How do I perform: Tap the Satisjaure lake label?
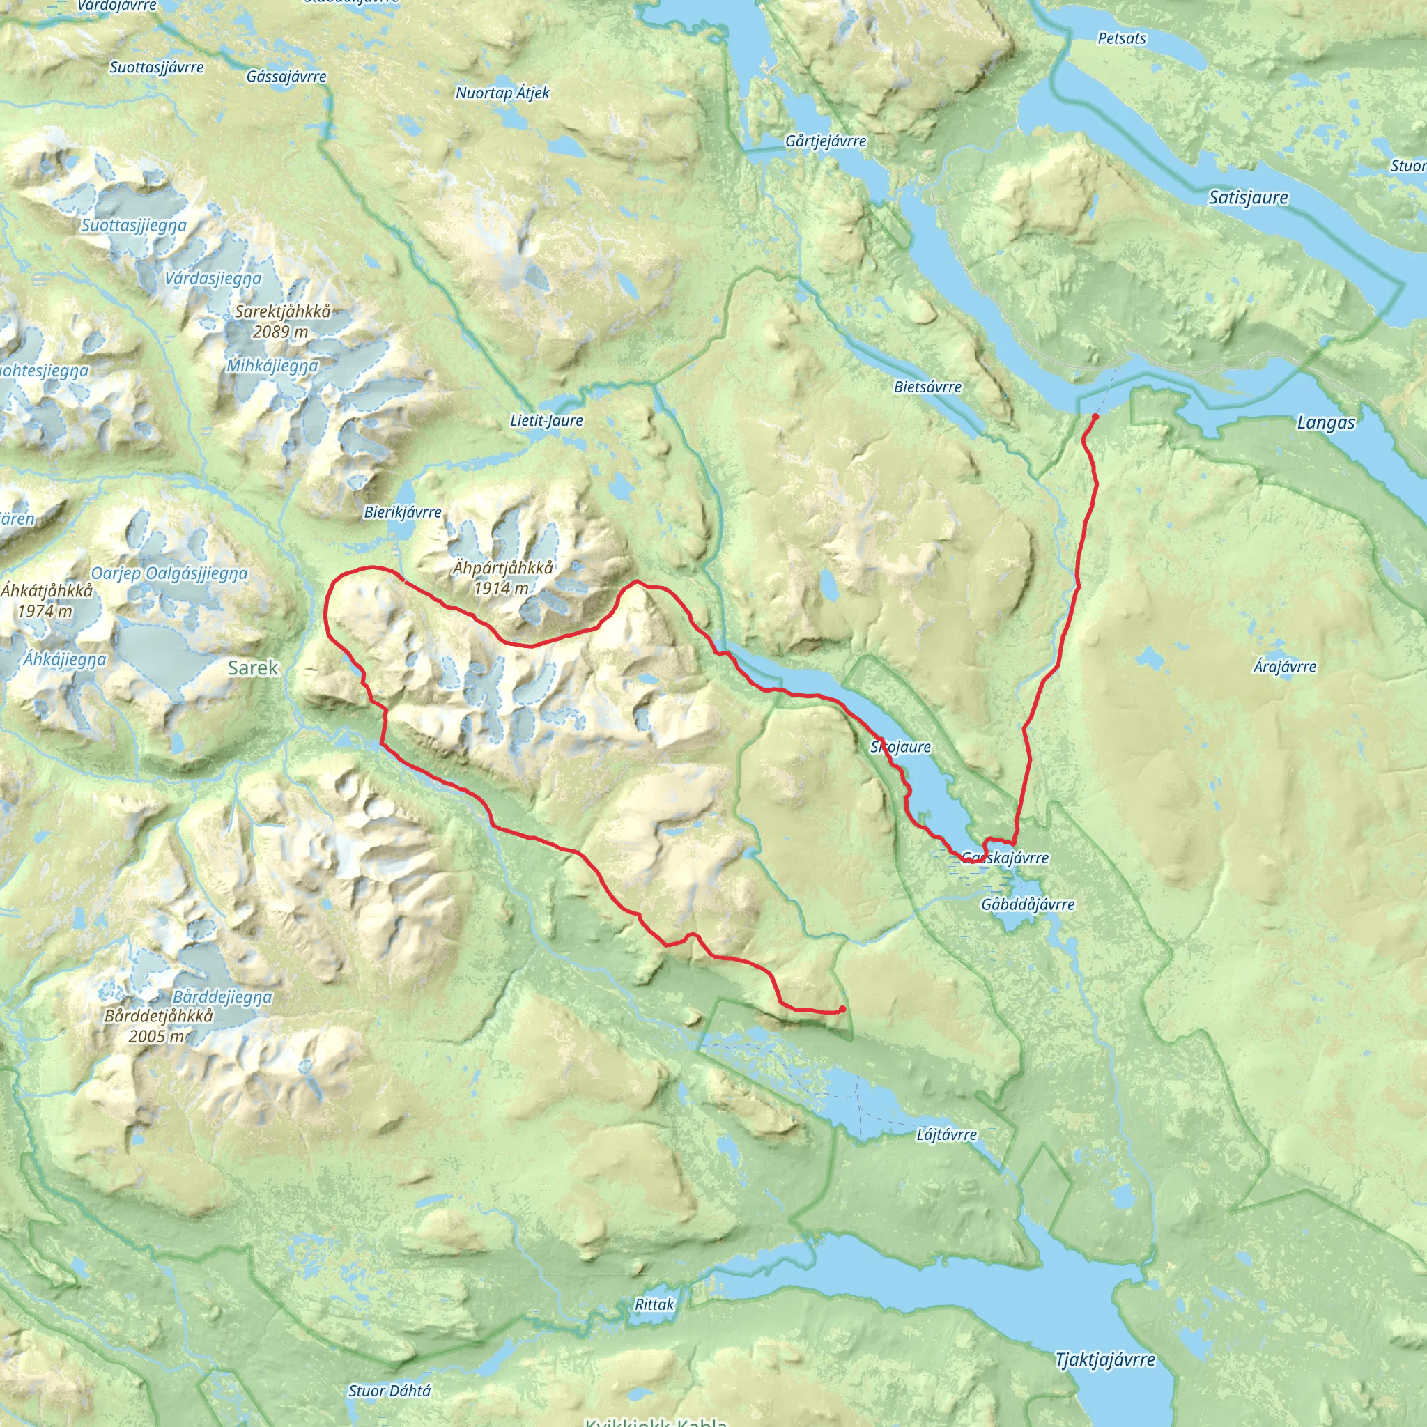[1248, 198]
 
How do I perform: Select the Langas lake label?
[1326, 422]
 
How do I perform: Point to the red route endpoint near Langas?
[1095, 417]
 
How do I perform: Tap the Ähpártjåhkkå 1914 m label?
[502, 578]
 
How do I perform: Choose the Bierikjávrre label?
[403, 512]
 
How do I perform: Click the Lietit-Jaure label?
[546, 420]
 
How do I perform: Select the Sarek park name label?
[253, 668]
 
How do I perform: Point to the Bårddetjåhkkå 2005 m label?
[159, 1025]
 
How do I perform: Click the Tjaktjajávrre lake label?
[1105, 1360]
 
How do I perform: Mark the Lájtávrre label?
[946, 1134]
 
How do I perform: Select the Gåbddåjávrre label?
[1028, 904]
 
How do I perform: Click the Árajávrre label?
[1284, 666]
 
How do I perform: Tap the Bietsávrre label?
[927, 386]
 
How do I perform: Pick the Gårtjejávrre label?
[826, 140]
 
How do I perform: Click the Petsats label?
[1122, 38]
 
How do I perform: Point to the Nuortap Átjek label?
[502, 93]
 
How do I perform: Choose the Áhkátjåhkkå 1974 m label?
[47, 600]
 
